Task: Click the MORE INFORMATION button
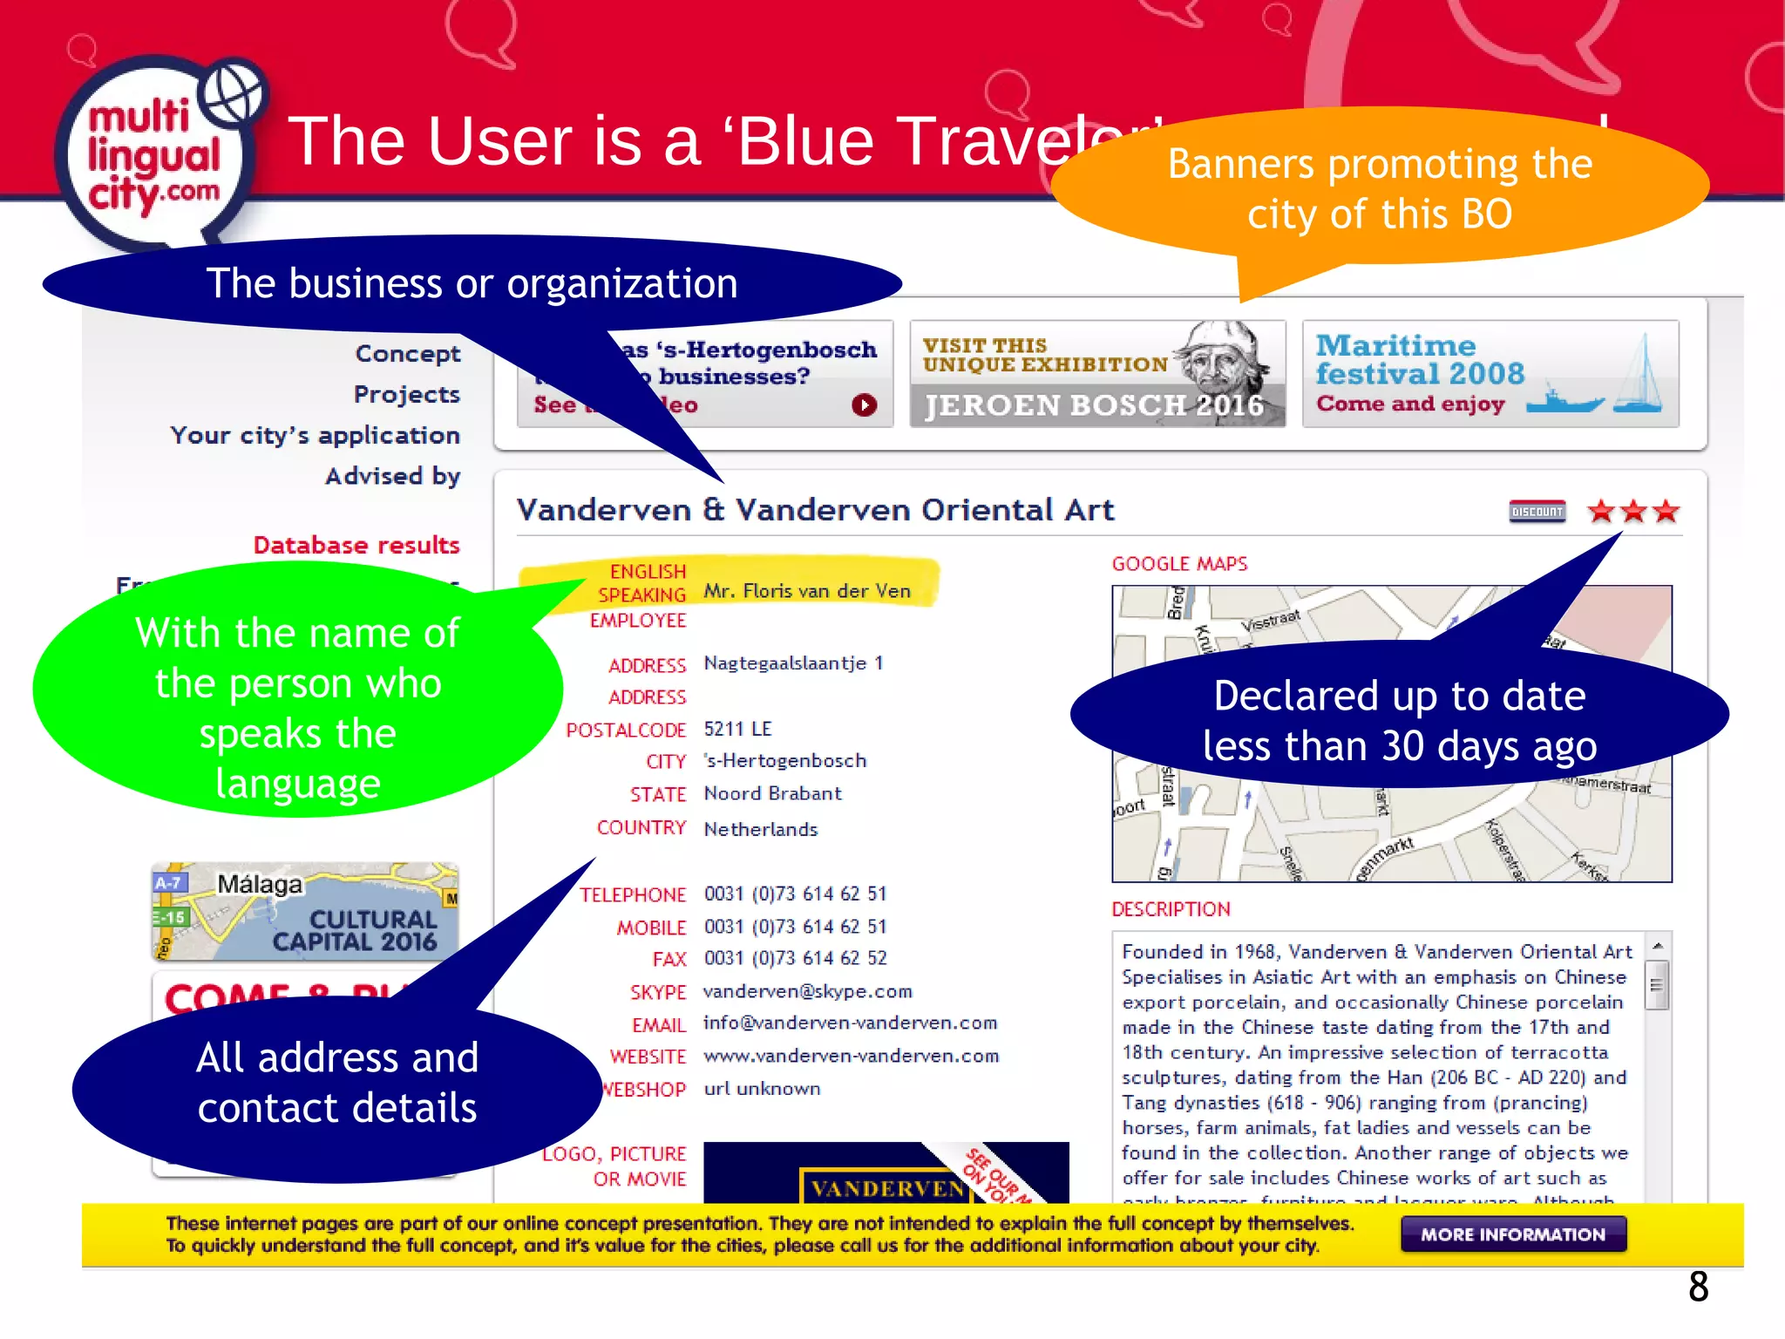(1513, 1234)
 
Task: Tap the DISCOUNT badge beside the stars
(1537, 512)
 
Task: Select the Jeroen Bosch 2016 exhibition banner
(1096, 375)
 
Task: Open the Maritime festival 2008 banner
(1490, 375)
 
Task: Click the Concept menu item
(407, 354)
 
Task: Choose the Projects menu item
(406, 395)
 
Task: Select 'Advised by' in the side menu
(392, 476)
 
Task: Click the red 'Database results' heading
(356, 546)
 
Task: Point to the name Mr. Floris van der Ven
(807, 591)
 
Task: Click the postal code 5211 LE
(737, 729)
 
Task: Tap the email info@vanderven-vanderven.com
(850, 1023)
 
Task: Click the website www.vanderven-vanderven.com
(851, 1056)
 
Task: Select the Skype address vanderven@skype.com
(807, 991)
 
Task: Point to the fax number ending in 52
(795, 958)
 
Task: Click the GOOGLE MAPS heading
(1179, 564)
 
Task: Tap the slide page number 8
(1698, 1287)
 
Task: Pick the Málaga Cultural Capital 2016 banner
(305, 911)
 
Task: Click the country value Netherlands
(760, 829)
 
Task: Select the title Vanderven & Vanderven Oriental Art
(815, 510)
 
